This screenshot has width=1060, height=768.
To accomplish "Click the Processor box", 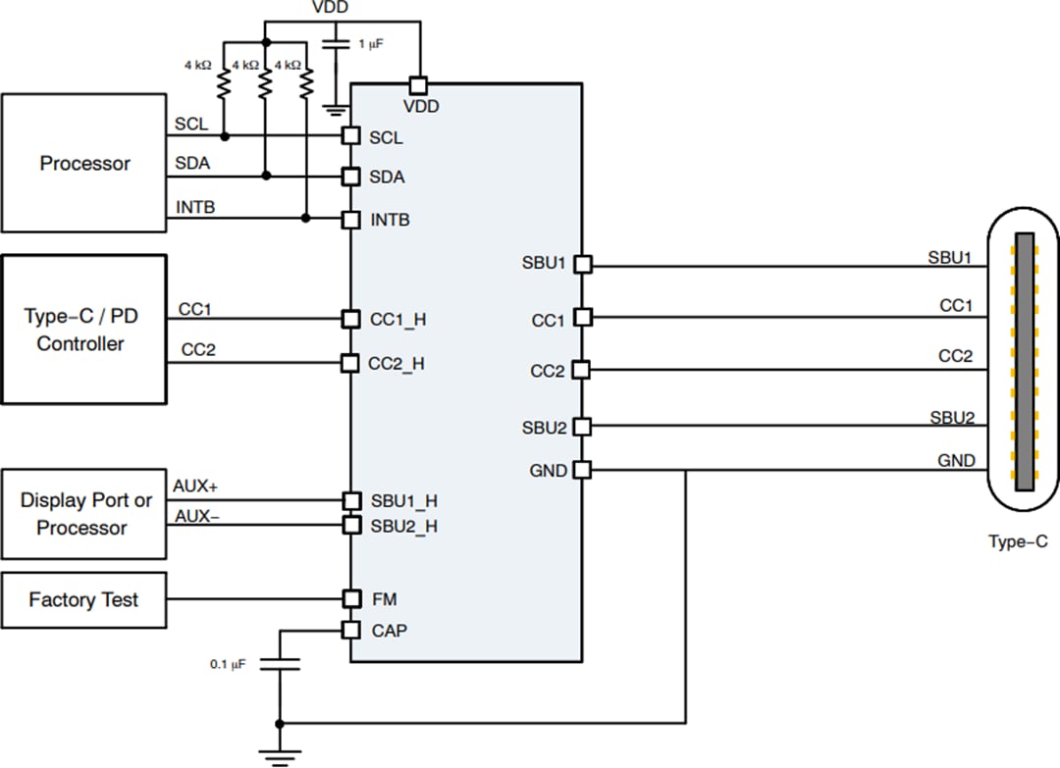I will (84, 163).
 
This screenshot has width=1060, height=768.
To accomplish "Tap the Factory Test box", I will (83, 599).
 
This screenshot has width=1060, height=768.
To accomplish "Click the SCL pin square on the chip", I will (350, 135).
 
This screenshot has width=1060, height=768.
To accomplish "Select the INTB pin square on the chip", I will (350, 219).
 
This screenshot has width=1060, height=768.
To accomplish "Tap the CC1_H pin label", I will (397, 320).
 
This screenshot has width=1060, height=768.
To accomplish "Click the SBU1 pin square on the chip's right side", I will (582, 264).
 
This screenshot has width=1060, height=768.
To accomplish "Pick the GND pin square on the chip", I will (582, 470).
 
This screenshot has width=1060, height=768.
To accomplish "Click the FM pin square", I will (350, 598).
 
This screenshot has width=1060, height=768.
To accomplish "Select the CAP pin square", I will (350, 630).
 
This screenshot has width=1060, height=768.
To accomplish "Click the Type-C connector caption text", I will (1018, 541).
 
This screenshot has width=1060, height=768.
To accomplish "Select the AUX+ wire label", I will (195, 486).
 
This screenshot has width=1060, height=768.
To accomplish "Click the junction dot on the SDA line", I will (265, 177).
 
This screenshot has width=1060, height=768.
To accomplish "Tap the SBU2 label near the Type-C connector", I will (951, 418).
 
